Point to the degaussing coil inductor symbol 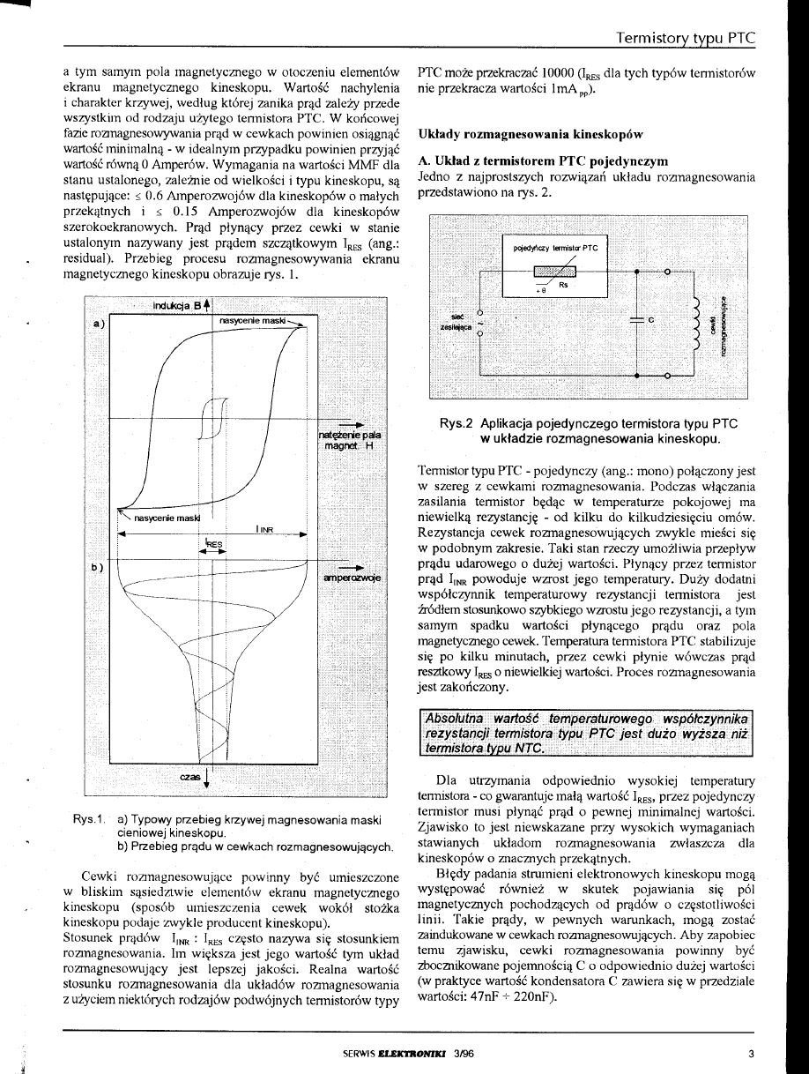[x=701, y=324]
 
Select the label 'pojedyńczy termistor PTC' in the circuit [x=556, y=248]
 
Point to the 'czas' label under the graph [x=189, y=777]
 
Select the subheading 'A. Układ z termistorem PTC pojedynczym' [x=543, y=161]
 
